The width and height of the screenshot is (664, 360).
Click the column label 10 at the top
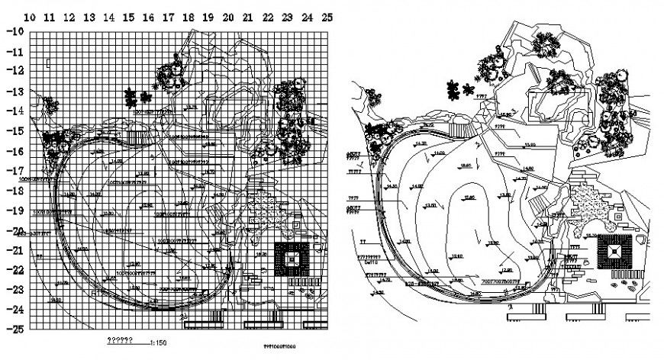click(x=29, y=16)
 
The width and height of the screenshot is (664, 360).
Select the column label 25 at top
click(x=326, y=16)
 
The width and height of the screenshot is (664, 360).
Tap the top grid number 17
click(x=168, y=16)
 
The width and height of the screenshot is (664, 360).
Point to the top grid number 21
click(x=247, y=16)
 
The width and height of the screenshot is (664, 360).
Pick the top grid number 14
click(x=108, y=16)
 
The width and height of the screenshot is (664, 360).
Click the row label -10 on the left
click(x=16, y=31)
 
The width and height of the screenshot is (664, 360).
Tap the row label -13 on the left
click(x=16, y=91)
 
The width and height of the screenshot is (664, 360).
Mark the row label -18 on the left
click(x=16, y=190)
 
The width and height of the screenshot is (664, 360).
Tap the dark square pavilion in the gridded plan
click(x=291, y=259)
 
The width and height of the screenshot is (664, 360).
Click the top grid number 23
click(x=286, y=16)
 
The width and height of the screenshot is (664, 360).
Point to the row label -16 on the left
click(x=16, y=150)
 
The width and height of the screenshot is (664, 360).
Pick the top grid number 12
click(x=69, y=16)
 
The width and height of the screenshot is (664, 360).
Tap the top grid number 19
click(x=208, y=16)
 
